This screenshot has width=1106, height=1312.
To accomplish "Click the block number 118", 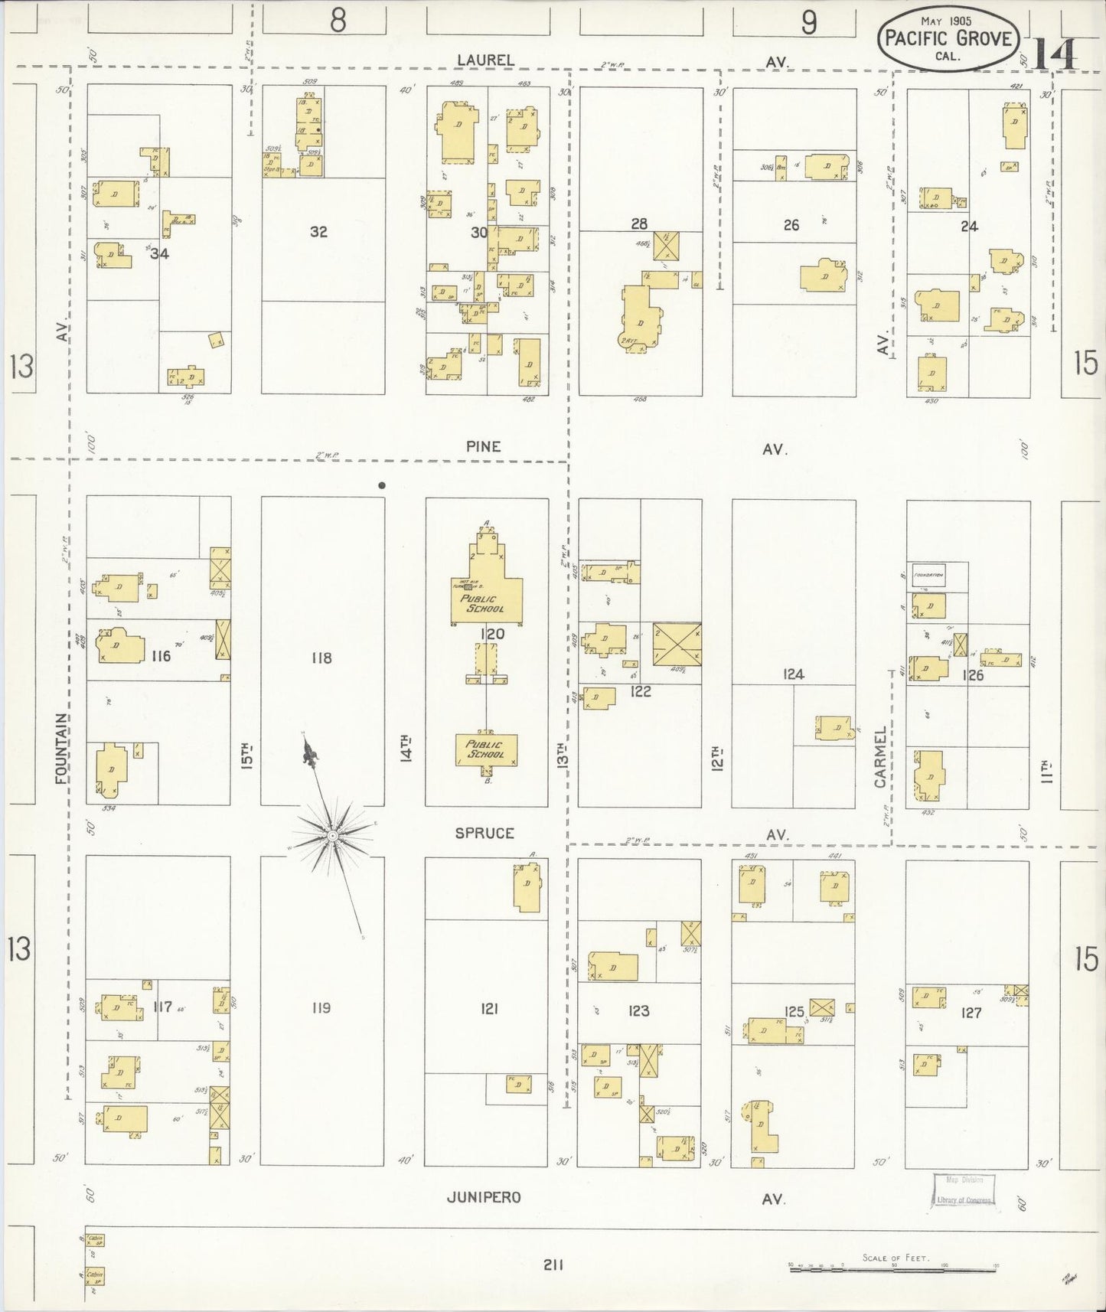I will click(x=321, y=657).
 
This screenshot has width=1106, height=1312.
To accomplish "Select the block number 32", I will click(x=319, y=231).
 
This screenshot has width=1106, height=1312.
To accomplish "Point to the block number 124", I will click(x=794, y=674).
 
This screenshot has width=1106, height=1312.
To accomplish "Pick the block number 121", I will click(x=489, y=1009).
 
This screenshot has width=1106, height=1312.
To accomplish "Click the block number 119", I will click(x=321, y=1007).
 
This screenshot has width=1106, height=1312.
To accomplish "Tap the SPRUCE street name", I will click(x=484, y=833).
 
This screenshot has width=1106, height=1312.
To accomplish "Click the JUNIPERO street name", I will click(x=484, y=1197).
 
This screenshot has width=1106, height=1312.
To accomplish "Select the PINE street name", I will click(x=483, y=446).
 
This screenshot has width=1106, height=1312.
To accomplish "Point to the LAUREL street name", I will click(x=485, y=60).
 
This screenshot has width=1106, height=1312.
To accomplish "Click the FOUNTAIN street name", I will click(x=62, y=748).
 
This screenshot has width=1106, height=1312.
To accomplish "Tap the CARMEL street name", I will click(x=880, y=757).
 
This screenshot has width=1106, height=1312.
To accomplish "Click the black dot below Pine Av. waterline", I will click(x=381, y=485).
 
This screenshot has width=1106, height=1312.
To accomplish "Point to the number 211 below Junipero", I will click(x=553, y=1265).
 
